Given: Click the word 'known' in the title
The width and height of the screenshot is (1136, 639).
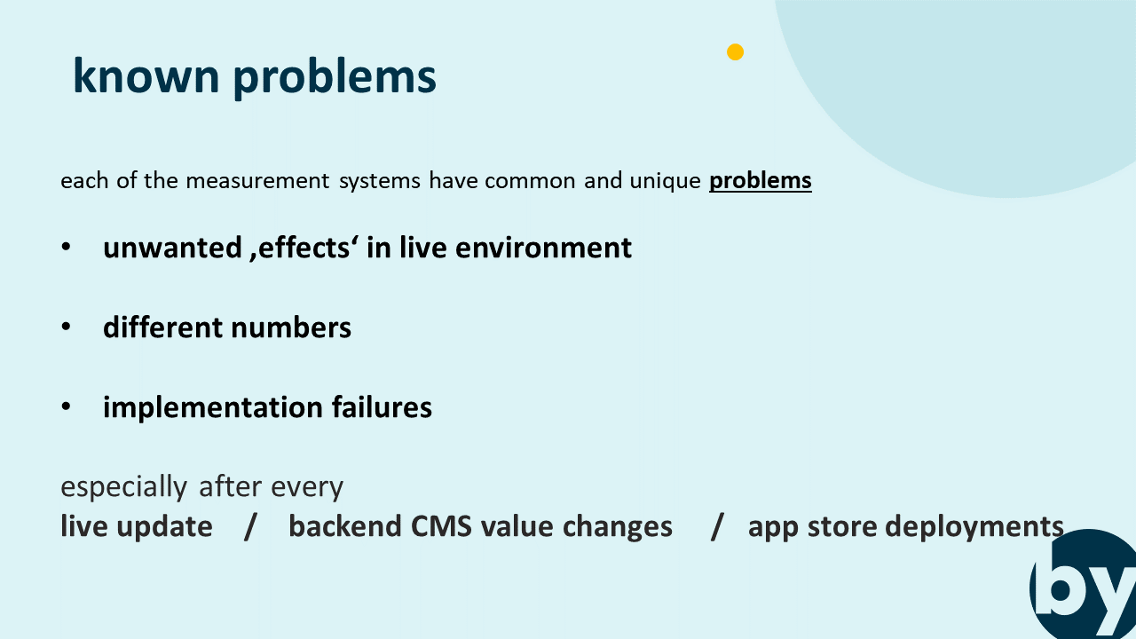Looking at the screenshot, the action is click(x=146, y=75).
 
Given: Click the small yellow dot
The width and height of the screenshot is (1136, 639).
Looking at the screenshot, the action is click(x=735, y=51).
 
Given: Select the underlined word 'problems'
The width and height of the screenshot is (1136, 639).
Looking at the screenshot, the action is click(x=761, y=181).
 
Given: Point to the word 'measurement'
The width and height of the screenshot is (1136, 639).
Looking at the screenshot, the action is click(x=258, y=181).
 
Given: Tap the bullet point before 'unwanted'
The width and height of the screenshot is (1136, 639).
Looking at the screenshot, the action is click(x=66, y=247).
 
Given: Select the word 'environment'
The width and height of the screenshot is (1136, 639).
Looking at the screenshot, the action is click(x=543, y=248).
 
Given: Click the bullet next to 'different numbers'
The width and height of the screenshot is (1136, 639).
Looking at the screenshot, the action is click(x=66, y=327).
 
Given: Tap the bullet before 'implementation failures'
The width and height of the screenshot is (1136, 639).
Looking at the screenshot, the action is click(x=66, y=406).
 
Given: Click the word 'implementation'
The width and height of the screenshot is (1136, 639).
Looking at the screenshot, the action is click(x=213, y=408).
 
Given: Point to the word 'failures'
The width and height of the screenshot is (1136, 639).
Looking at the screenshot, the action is click(x=382, y=407).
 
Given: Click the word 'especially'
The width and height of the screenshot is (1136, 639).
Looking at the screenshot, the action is click(x=123, y=487).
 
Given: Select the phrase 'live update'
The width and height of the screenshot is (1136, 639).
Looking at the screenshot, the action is click(x=137, y=527).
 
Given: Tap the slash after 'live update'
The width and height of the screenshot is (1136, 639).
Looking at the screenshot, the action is click(x=250, y=527).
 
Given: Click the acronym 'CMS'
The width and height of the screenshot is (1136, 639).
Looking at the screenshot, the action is click(x=441, y=526).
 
